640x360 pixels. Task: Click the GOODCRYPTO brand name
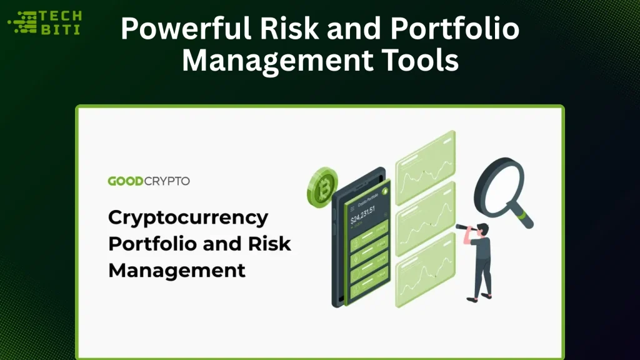(x=149, y=181)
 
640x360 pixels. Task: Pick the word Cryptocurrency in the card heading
(x=188, y=218)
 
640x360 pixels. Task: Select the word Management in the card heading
(x=177, y=270)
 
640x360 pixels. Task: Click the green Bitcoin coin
(x=322, y=188)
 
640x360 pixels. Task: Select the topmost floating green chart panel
(x=425, y=159)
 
